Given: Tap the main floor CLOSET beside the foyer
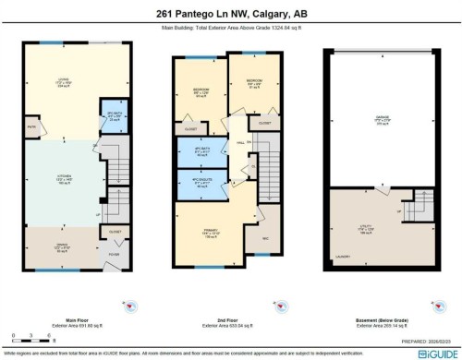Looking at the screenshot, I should pos(114,232).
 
